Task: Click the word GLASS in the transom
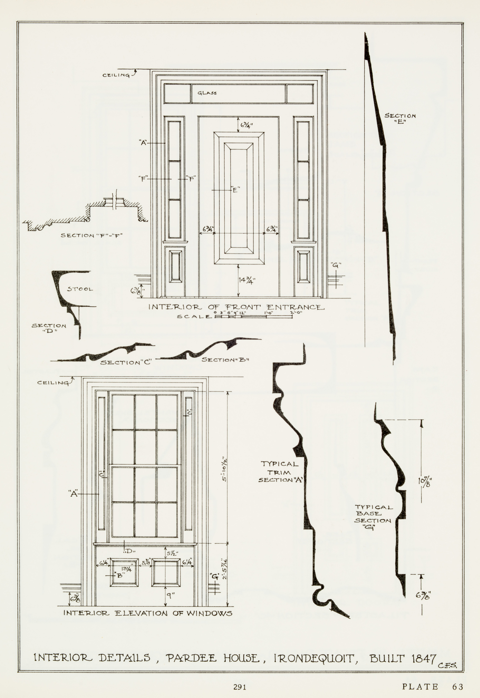[207, 93]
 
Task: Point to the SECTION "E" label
[400, 118]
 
